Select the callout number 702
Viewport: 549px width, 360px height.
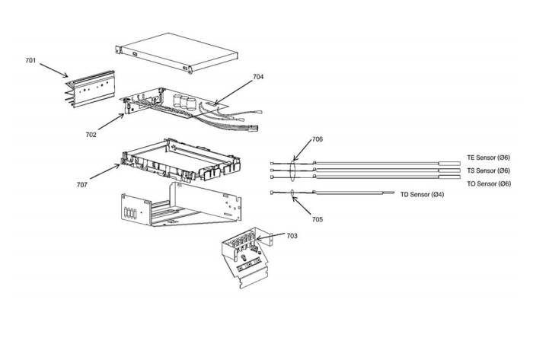(x=91, y=134)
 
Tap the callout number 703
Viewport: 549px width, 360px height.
(x=292, y=236)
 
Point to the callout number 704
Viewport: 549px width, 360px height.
(x=259, y=77)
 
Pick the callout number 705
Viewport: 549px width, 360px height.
(x=317, y=219)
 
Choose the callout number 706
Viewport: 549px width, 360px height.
(x=317, y=140)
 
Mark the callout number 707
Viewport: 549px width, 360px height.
(x=81, y=184)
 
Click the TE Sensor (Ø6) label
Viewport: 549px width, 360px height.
(x=488, y=158)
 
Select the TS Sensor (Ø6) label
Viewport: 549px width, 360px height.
(x=488, y=170)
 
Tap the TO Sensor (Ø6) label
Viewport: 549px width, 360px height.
(x=488, y=183)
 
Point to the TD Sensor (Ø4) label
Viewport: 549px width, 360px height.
(x=423, y=195)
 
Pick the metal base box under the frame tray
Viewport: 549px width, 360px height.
(x=183, y=203)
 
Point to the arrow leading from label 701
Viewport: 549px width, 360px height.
(x=53, y=71)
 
